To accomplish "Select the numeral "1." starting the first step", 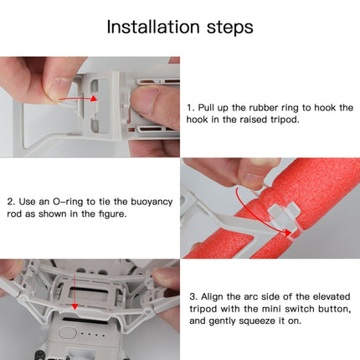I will tap(192, 108).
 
